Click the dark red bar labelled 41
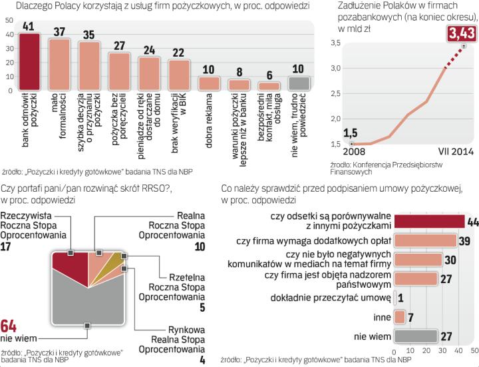coord(30,61)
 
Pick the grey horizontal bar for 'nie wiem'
coord(416,336)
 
